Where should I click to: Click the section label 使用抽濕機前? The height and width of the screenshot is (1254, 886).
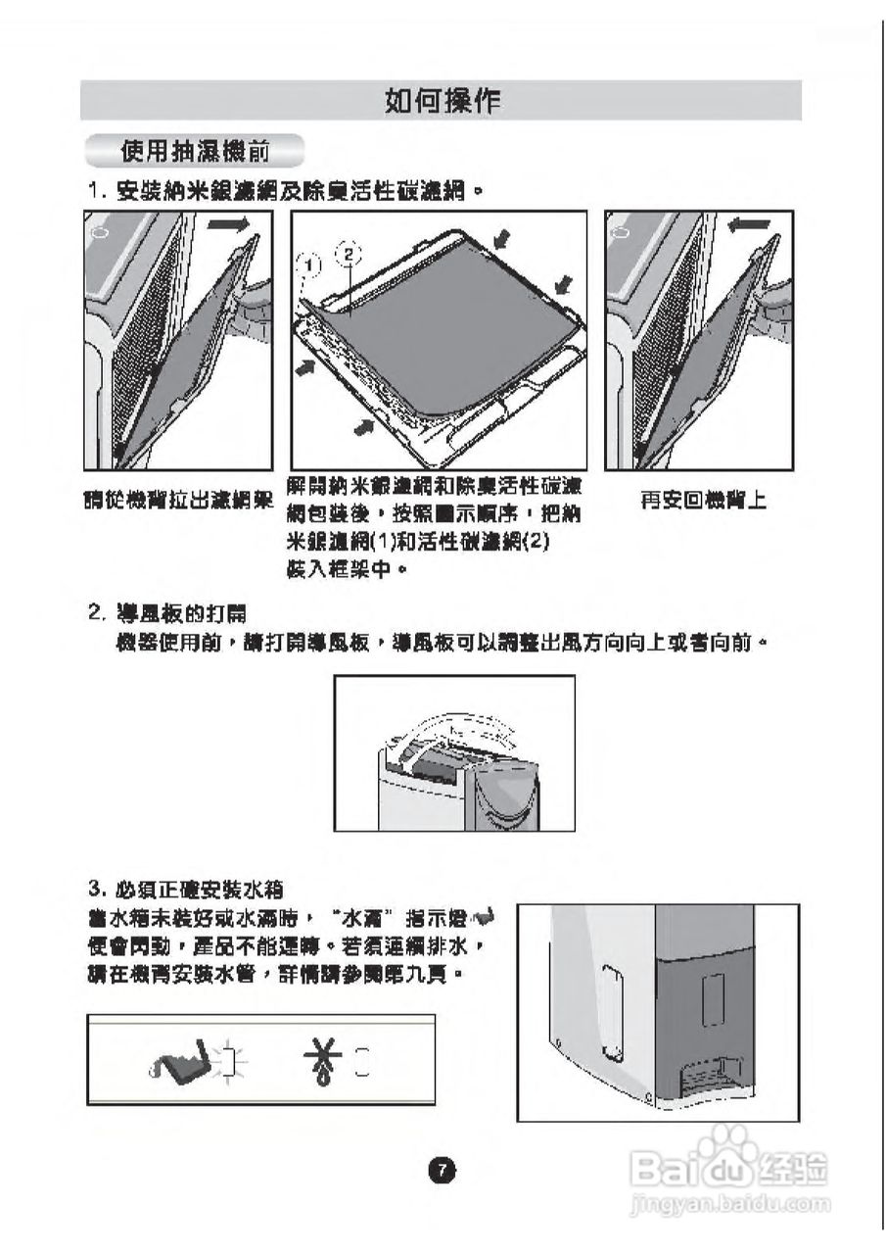point(195,151)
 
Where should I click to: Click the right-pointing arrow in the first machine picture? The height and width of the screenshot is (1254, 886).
point(229,225)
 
